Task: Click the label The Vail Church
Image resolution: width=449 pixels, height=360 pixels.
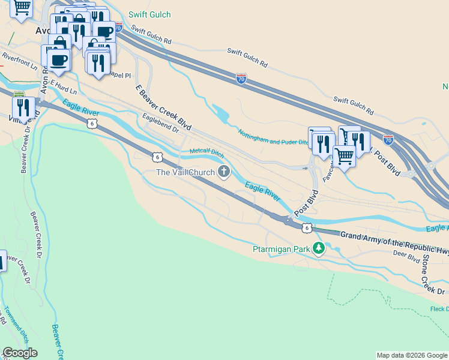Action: pos(185,173)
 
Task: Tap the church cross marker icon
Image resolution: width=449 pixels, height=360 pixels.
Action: pos(224,173)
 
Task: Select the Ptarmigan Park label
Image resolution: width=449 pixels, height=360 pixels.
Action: pos(280,249)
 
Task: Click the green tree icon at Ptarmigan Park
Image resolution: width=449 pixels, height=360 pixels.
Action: pos(318,248)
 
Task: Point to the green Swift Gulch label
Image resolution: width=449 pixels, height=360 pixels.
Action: pos(149,14)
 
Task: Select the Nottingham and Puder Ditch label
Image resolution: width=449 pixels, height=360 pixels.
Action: pos(273,138)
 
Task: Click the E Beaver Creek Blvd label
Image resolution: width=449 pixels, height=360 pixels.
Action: pos(163,108)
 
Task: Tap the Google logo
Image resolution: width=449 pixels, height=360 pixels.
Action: pos(20,353)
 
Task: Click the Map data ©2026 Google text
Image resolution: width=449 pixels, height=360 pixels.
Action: pos(411,355)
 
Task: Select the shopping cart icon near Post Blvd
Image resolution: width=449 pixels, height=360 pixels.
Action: pos(344,156)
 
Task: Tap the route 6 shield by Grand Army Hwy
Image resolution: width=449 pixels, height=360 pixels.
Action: pos(307,228)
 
